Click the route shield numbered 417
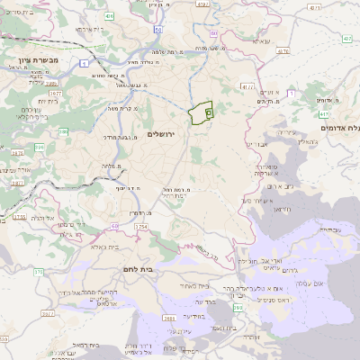tap(323, 114)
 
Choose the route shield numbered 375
tap(13, 271)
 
